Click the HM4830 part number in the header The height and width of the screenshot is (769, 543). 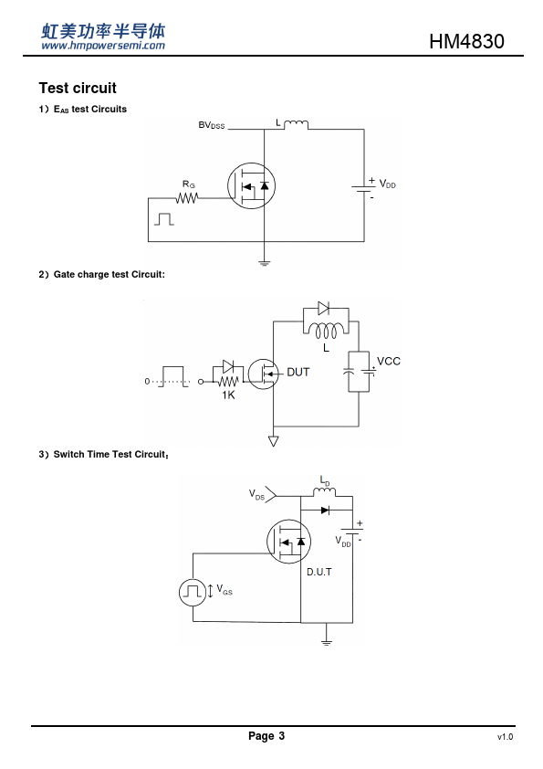pos(466,41)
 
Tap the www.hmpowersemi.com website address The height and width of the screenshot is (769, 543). pos(103,46)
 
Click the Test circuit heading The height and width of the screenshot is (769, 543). pos(78,89)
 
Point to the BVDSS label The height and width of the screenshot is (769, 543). pos(211,125)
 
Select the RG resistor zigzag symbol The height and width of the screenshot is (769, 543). pos(187,198)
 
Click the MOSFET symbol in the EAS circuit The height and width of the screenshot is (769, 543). pos(251,186)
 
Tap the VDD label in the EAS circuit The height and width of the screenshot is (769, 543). pos(387,184)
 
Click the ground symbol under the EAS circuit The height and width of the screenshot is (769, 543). pos(264,263)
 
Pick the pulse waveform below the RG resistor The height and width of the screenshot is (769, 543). pos(164,219)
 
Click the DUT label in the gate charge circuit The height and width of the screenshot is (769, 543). pos(298,373)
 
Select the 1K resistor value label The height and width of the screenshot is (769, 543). pos(228,395)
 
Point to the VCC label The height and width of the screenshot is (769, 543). pos(389,362)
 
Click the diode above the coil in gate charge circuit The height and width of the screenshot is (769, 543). pos(323,309)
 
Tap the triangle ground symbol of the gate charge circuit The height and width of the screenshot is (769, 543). pos(274,441)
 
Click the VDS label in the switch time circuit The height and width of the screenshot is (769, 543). pos(256,494)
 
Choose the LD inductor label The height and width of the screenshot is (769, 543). pos(325,480)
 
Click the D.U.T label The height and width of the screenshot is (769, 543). pos(319,572)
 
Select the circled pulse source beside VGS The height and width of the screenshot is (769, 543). pos(193,592)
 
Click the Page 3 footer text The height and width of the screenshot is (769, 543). pos(266,735)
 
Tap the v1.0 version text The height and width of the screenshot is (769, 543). pos(505,737)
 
